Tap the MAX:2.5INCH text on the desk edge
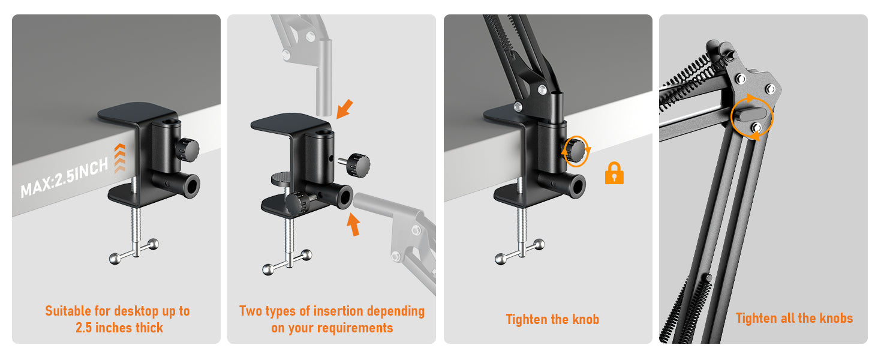pos(64,178)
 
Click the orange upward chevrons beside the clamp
pos(119,158)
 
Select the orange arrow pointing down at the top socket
pos(344,109)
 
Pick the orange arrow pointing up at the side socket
pos(353,224)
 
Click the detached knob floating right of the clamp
pos(354,165)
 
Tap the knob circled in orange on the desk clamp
pos(575,150)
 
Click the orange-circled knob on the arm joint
pos(750,115)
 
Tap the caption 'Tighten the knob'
pos(552,319)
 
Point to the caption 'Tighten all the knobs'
pos(794,318)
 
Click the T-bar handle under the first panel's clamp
pos(134,251)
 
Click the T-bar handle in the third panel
pos(520,251)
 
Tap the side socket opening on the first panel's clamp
pos(192,186)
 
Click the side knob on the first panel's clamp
pos(187,149)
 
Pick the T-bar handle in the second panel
pos(287,262)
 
